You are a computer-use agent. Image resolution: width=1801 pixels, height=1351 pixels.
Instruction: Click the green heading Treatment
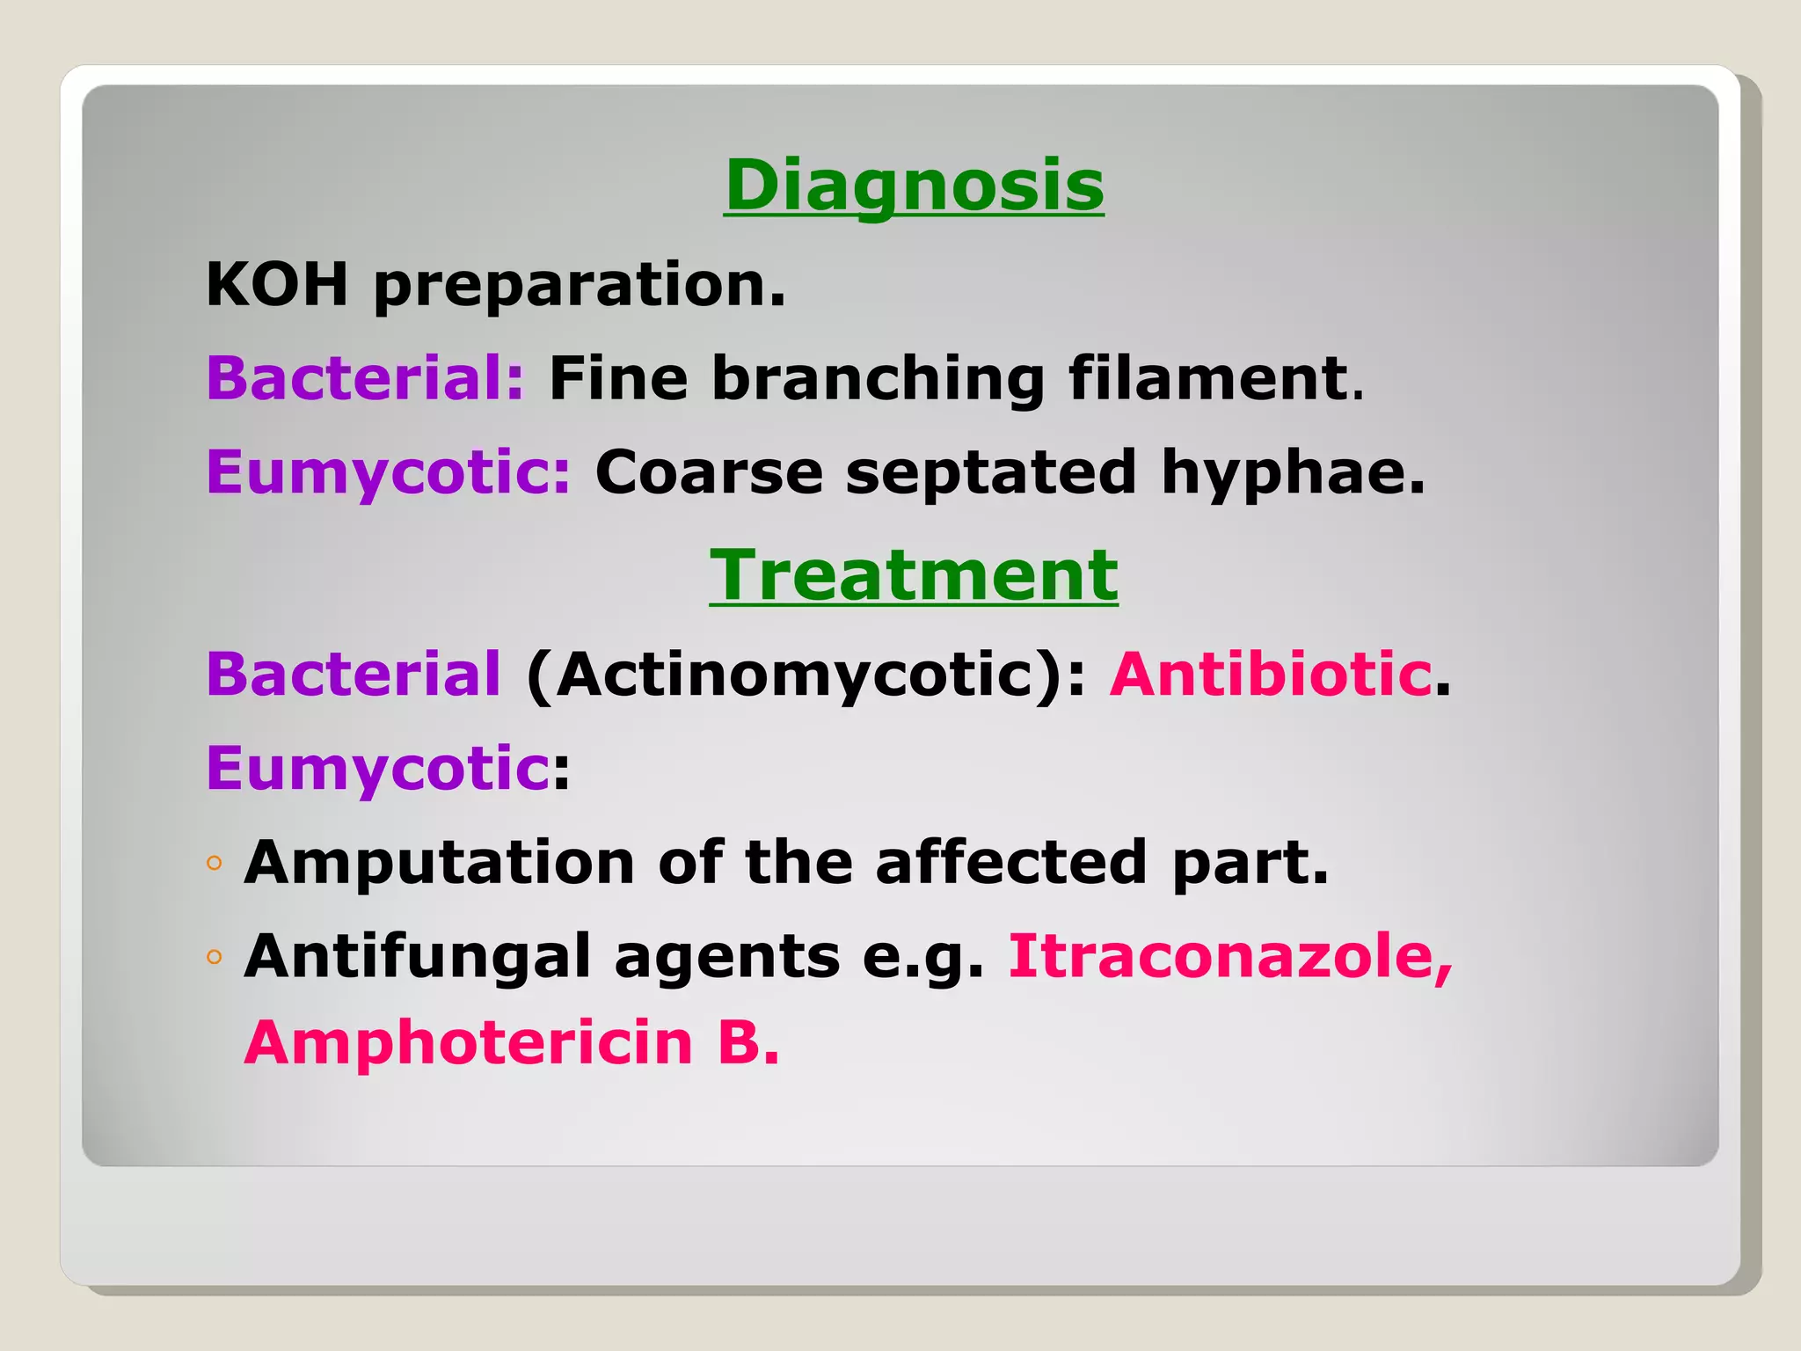pyautogui.click(x=914, y=575)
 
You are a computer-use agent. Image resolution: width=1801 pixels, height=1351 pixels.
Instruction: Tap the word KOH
pyautogui.click(x=277, y=285)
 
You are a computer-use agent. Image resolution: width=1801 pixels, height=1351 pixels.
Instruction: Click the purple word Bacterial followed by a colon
pyautogui.click(x=364, y=378)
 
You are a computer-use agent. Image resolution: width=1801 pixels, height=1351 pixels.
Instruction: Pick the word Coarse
pyautogui.click(x=709, y=473)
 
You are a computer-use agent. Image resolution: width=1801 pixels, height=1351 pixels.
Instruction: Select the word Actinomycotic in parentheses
pyautogui.click(x=797, y=675)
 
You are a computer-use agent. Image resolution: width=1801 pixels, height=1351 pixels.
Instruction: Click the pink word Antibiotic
pyautogui.click(x=1271, y=675)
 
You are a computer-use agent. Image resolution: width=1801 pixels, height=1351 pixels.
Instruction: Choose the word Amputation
pyautogui.click(x=440, y=863)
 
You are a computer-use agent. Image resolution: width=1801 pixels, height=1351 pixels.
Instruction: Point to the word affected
pyautogui.click(x=1010, y=862)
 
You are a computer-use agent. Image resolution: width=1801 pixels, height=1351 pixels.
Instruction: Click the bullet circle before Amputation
pyautogui.click(x=215, y=864)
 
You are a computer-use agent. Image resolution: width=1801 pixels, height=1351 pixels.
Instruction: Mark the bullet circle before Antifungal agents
pyautogui.click(x=215, y=957)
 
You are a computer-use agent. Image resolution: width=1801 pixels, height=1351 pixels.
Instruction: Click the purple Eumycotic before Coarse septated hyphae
pyautogui.click(x=388, y=473)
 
